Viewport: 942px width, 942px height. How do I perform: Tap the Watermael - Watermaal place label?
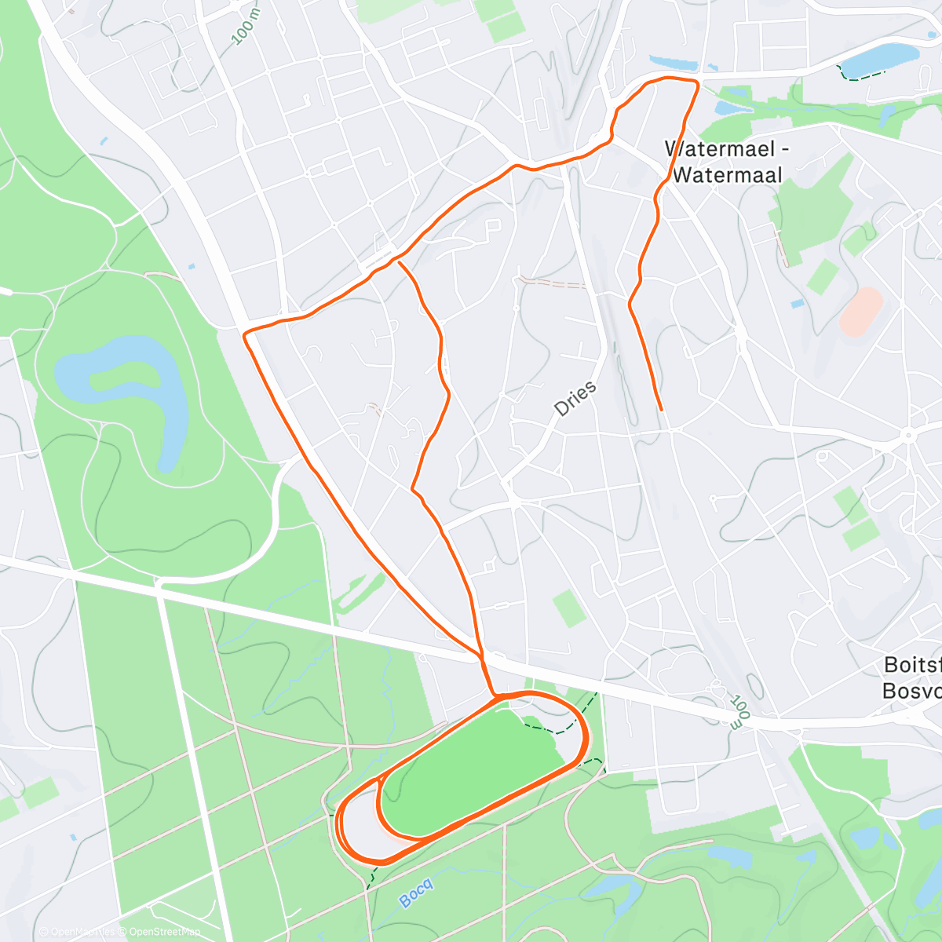[726, 162]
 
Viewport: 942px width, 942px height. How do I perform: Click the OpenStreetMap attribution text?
[165, 932]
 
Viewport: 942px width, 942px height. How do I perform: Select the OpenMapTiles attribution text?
[82, 932]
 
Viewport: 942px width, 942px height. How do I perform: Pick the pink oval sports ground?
[861, 311]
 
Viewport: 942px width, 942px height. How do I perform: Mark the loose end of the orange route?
[662, 409]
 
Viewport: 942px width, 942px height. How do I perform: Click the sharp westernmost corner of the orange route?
[245, 335]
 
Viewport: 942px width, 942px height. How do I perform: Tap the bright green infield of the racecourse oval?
[471, 765]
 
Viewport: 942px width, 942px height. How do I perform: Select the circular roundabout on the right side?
[908, 435]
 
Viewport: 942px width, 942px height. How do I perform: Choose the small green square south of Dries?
[569, 608]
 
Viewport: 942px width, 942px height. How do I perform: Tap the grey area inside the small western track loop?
[361, 820]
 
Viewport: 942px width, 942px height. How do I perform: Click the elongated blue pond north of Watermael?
[673, 62]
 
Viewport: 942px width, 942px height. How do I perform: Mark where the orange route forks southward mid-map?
[398, 259]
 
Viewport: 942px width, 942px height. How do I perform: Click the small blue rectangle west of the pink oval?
[798, 303]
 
